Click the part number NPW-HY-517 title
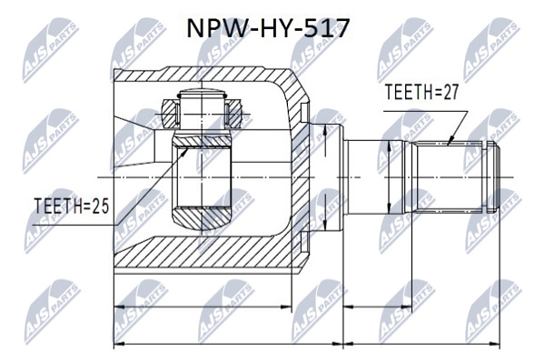point(268,28)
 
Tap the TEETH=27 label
point(421,93)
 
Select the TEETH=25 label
point(71,206)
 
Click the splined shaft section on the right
point(450,176)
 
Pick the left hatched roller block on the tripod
point(169,114)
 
